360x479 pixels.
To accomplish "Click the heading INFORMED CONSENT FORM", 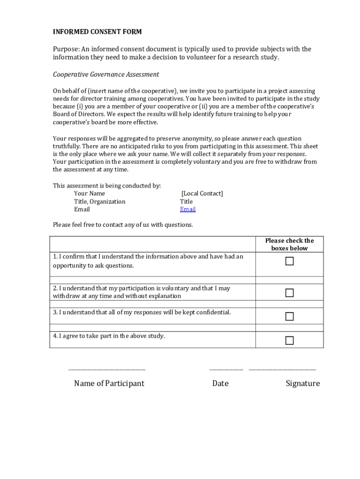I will click(97, 32).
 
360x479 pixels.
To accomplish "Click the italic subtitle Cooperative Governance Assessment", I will click(106, 74).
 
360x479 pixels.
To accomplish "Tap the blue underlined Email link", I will click(187, 209).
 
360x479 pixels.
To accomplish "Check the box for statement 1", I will click(289, 261).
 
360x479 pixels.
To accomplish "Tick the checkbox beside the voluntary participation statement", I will click(289, 293).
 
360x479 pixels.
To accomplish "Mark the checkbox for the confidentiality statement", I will click(289, 316).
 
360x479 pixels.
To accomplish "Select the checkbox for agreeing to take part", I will click(289, 340).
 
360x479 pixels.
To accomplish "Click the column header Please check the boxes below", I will click(289, 244).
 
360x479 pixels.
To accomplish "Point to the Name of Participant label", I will click(109, 384).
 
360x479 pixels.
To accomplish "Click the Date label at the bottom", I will click(220, 384).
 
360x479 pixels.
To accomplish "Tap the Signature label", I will click(302, 384).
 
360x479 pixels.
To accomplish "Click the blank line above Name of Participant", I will click(107, 370).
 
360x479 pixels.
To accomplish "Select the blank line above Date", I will click(226, 370).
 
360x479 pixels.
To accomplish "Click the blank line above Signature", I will click(282, 370).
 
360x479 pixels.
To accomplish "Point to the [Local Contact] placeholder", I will click(202, 194).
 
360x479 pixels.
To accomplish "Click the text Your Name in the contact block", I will click(89, 194).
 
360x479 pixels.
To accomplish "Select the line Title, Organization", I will click(100, 202).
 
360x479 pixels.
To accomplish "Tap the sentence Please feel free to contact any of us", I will click(122, 225).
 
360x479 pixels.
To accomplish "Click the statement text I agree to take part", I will click(109, 336).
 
